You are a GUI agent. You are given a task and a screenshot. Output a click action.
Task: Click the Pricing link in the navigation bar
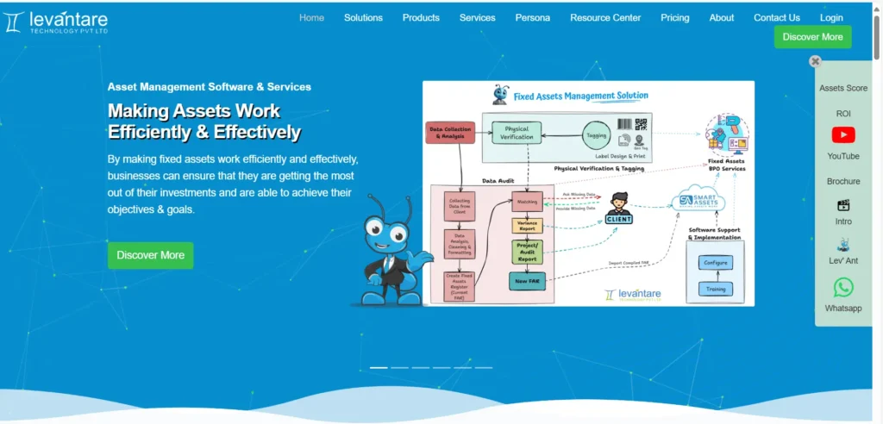675,17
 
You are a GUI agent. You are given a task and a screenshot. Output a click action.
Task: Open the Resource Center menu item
605,17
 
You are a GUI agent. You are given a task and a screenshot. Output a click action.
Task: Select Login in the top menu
831,17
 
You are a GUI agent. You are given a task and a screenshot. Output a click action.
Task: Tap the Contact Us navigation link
776,17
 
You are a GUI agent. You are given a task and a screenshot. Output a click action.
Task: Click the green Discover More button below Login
812,37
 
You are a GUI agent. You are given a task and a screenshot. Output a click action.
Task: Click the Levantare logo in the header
55,21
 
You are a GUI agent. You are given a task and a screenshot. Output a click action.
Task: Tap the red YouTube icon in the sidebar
843,135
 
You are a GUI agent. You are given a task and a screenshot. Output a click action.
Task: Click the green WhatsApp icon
843,287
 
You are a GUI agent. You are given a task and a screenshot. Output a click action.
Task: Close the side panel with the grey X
815,61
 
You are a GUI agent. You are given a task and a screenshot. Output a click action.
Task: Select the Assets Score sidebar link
843,88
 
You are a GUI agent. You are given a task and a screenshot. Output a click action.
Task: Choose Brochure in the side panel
843,181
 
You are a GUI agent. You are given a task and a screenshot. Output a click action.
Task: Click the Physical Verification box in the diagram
516,133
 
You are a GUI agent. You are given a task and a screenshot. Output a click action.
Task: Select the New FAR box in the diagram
527,280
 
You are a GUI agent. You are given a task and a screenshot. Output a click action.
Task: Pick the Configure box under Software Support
716,263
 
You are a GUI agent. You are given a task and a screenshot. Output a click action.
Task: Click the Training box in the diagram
716,289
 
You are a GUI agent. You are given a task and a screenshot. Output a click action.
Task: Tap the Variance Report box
527,226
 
